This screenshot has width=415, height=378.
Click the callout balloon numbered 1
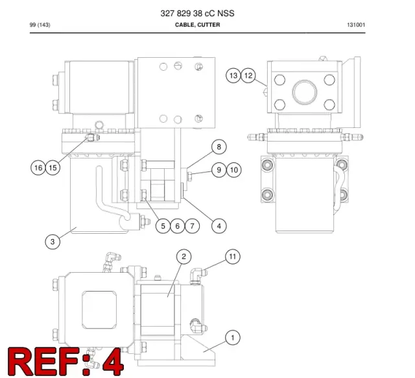point(233,338)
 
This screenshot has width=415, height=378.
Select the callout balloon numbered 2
point(184,257)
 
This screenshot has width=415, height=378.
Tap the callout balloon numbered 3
point(53,242)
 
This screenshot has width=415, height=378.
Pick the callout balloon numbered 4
point(219,226)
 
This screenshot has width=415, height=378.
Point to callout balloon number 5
point(163,226)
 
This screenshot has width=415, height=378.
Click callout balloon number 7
point(192,226)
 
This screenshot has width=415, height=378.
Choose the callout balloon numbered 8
point(219,147)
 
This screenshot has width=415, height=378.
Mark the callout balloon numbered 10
point(234,170)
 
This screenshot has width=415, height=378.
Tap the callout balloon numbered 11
point(233,257)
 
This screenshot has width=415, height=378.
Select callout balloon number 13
point(233,76)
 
